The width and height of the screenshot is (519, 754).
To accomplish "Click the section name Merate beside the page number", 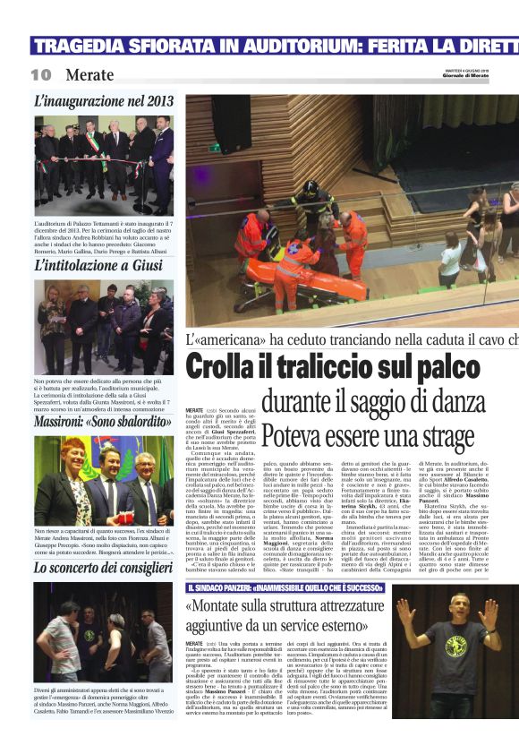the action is point(89,75).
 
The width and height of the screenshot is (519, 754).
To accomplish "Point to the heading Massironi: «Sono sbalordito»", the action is point(97,420).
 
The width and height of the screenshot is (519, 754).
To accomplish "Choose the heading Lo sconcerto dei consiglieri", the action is point(103,568).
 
